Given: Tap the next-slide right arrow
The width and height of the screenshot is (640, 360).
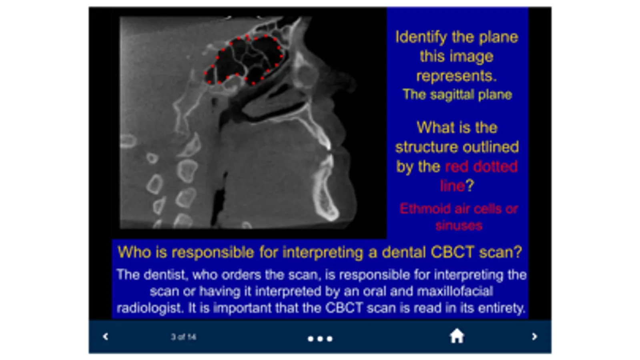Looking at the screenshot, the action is coord(534,336).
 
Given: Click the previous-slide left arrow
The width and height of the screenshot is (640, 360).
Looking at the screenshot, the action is coord(105,336).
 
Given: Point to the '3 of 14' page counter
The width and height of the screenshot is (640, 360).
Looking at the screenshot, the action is coord(183,337).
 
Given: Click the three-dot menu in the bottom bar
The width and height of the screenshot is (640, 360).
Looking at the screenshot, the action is coord(320,339).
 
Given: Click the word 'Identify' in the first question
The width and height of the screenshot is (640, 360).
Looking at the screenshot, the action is coord(421,38).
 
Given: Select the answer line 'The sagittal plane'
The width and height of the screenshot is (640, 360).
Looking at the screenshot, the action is coord(457,94).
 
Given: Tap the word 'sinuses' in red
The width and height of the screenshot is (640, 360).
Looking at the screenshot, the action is coord(459,226).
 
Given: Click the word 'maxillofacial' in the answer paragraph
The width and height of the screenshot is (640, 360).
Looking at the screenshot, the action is coord(455,292).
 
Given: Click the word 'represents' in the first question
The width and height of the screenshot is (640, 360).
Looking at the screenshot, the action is coord(456,76).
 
